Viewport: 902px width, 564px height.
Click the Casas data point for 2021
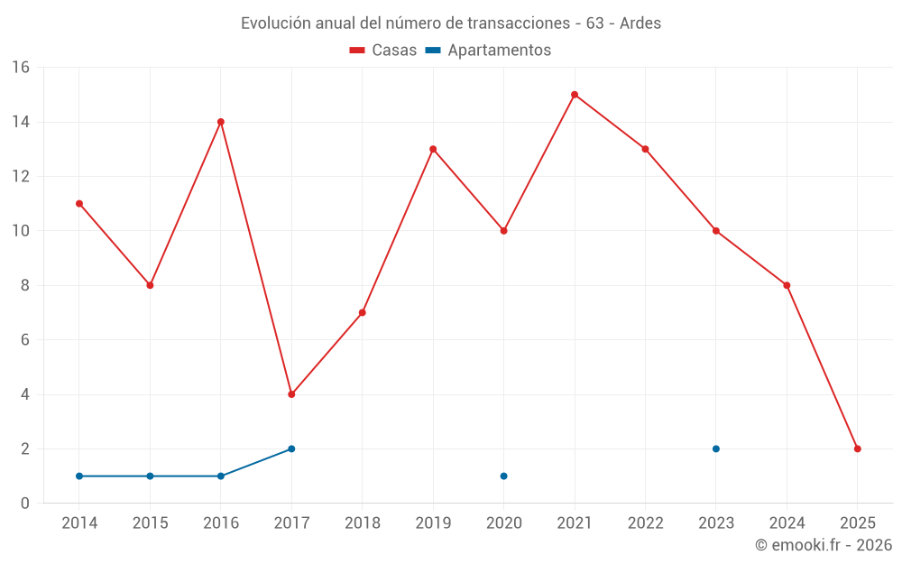pyautogui.click(x=575, y=95)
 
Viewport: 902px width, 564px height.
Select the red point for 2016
pyautogui.click(x=221, y=122)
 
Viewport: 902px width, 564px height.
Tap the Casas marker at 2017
pyautogui.click(x=291, y=394)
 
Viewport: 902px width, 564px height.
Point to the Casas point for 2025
pyautogui.click(x=858, y=448)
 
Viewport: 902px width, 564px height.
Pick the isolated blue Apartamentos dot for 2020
pyautogui.click(x=504, y=476)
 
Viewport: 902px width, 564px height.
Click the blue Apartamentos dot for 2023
pyautogui.click(x=716, y=448)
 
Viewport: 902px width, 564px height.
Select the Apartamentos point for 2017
pyautogui.click(x=291, y=448)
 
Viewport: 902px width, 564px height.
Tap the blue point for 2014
pyautogui.click(x=79, y=476)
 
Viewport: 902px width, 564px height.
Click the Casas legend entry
pyautogui.click(x=383, y=51)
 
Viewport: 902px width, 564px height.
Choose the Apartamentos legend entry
pyautogui.click(x=488, y=51)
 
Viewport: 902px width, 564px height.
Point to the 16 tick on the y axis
pyautogui.click(x=21, y=68)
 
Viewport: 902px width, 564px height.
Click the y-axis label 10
pyautogui.click(x=21, y=231)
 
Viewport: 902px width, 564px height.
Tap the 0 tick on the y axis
pyautogui.click(x=25, y=504)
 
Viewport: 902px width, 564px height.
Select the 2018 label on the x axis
pyautogui.click(x=363, y=523)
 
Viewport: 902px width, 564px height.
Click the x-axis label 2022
pyautogui.click(x=646, y=523)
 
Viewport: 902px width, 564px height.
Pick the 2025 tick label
pyautogui.click(x=858, y=523)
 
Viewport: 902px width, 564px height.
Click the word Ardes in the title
pyautogui.click(x=640, y=23)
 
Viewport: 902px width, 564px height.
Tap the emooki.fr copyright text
pyautogui.click(x=824, y=545)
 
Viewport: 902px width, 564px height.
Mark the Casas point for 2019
pyautogui.click(x=433, y=149)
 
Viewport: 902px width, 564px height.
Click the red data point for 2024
pyautogui.click(x=787, y=285)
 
